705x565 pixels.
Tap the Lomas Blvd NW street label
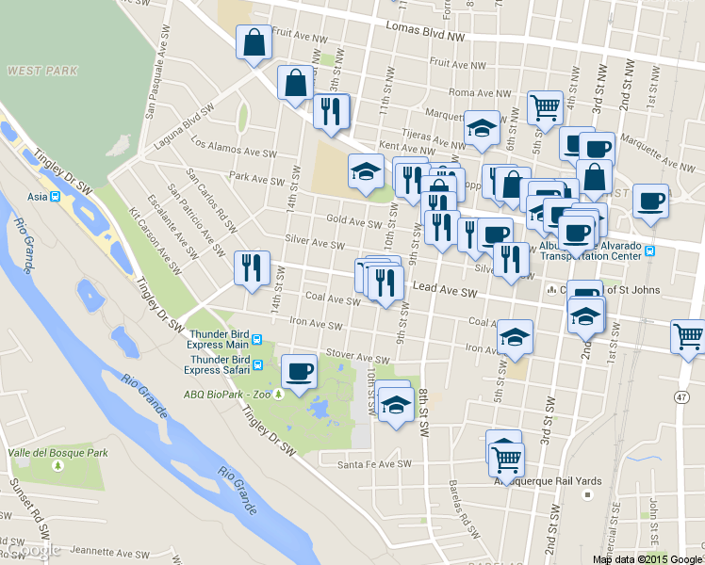click(x=426, y=31)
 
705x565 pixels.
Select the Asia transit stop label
click(x=38, y=197)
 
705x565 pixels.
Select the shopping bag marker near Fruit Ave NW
click(x=253, y=42)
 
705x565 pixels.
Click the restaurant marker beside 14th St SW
click(x=252, y=267)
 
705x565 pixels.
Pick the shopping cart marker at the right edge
click(x=687, y=336)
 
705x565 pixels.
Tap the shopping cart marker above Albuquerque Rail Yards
click(x=506, y=459)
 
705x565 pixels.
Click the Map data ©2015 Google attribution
click(x=648, y=559)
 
